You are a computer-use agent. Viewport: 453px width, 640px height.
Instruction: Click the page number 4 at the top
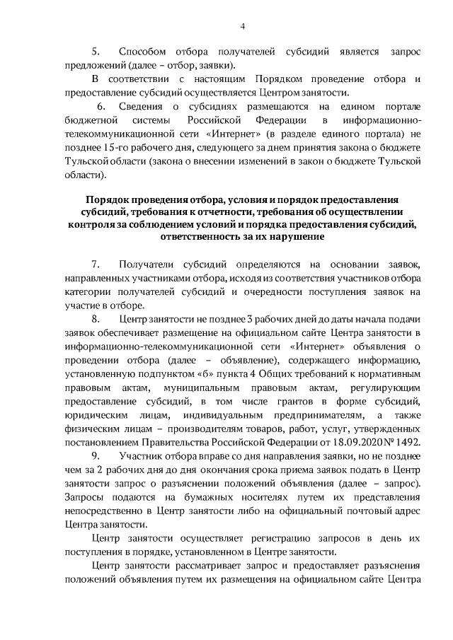[x=242, y=27]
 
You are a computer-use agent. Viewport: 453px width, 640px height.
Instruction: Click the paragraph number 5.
[x=96, y=52]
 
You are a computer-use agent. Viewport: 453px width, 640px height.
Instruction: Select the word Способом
[x=143, y=52]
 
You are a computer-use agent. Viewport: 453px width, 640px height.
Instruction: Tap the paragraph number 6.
[x=101, y=106]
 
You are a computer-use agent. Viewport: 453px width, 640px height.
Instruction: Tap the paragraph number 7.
[x=96, y=264]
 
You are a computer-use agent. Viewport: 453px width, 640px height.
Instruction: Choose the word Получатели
[x=149, y=264]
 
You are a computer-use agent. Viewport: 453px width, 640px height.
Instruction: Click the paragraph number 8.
[x=96, y=319]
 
